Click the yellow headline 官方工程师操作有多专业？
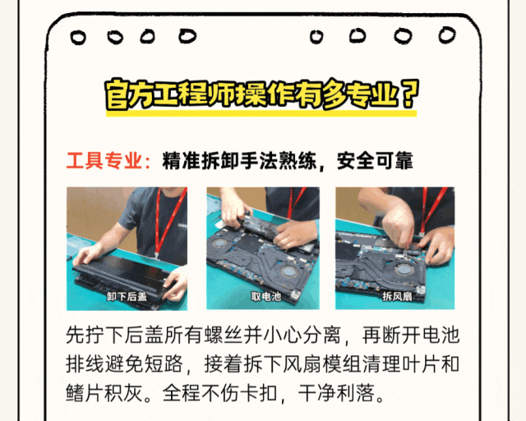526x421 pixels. [262, 95]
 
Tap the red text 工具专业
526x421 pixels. [104, 161]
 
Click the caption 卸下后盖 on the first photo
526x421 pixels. [127, 297]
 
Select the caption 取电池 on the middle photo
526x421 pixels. [266, 297]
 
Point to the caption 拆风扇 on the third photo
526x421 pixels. [397, 297]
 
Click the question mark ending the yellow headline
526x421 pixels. [409, 94]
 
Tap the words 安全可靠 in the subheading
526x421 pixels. [375, 161]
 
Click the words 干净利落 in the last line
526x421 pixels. [336, 393]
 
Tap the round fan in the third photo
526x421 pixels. [404, 270]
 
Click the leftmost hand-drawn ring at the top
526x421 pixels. [78, 37]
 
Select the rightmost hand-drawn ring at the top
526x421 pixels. [447, 35]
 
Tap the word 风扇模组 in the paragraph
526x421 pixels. [321, 364]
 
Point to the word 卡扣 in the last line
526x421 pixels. [259, 393]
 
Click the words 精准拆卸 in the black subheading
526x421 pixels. [201, 161]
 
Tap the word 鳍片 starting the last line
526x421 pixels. [85, 393]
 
